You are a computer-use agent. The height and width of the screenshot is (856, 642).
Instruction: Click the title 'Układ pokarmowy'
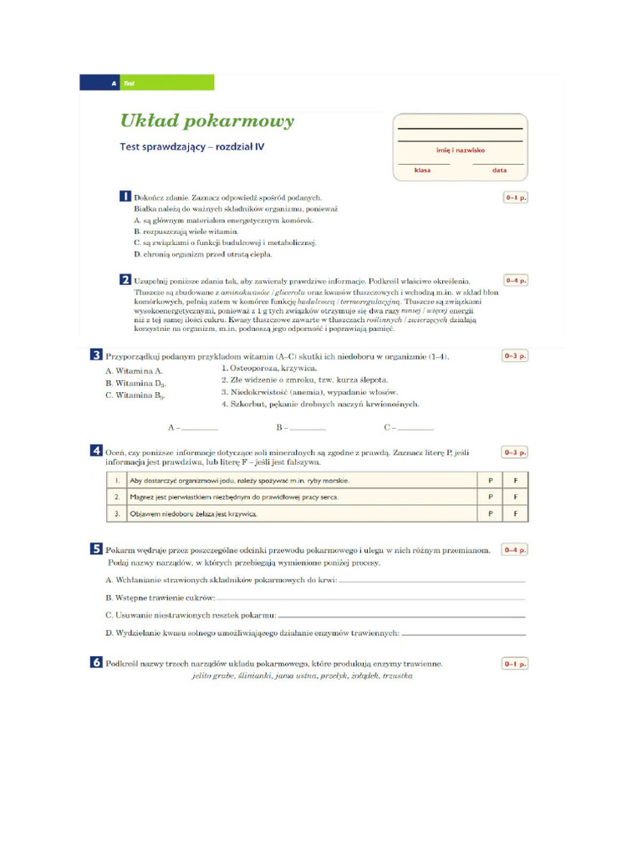pyautogui.click(x=207, y=121)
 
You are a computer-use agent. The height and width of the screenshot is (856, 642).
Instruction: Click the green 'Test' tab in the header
pyautogui.click(x=166, y=83)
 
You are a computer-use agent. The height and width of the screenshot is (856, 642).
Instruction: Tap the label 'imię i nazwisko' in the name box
pyautogui.click(x=460, y=150)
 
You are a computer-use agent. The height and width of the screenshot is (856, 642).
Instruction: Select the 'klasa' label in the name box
pyautogui.click(x=422, y=170)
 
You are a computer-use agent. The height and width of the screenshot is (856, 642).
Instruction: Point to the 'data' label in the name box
pyautogui.click(x=499, y=170)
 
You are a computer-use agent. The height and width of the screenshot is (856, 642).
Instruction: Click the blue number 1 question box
pyautogui.click(x=125, y=196)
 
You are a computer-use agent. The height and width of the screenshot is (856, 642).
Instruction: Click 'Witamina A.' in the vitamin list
pyautogui.click(x=135, y=370)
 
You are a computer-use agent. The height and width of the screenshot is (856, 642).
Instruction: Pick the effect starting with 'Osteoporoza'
pyautogui.click(x=268, y=368)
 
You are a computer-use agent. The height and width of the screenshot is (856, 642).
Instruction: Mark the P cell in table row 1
pyautogui.click(x=490, y=481)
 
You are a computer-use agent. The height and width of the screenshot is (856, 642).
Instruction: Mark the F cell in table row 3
pyautogui.click(x=516, y=512)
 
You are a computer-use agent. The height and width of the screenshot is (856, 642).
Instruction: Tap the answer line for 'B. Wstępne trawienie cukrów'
pyautogui.click(x=372, y=599)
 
